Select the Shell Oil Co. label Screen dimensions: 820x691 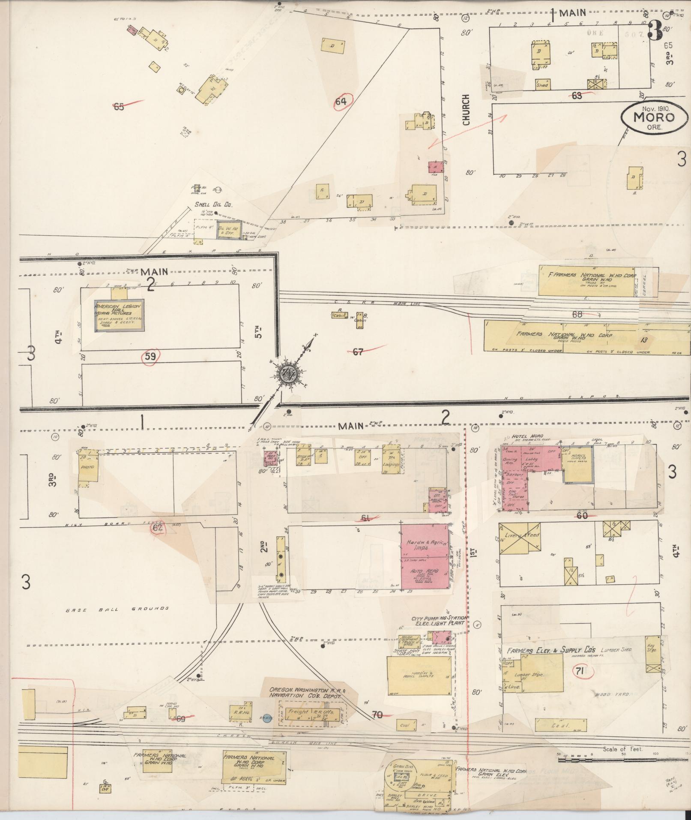click(213, 205)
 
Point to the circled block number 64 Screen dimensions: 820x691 click(341, 102)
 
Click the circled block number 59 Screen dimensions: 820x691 click(151, 357)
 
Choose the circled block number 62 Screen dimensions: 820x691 click(158, 528)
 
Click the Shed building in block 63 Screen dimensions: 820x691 click(542, 84)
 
